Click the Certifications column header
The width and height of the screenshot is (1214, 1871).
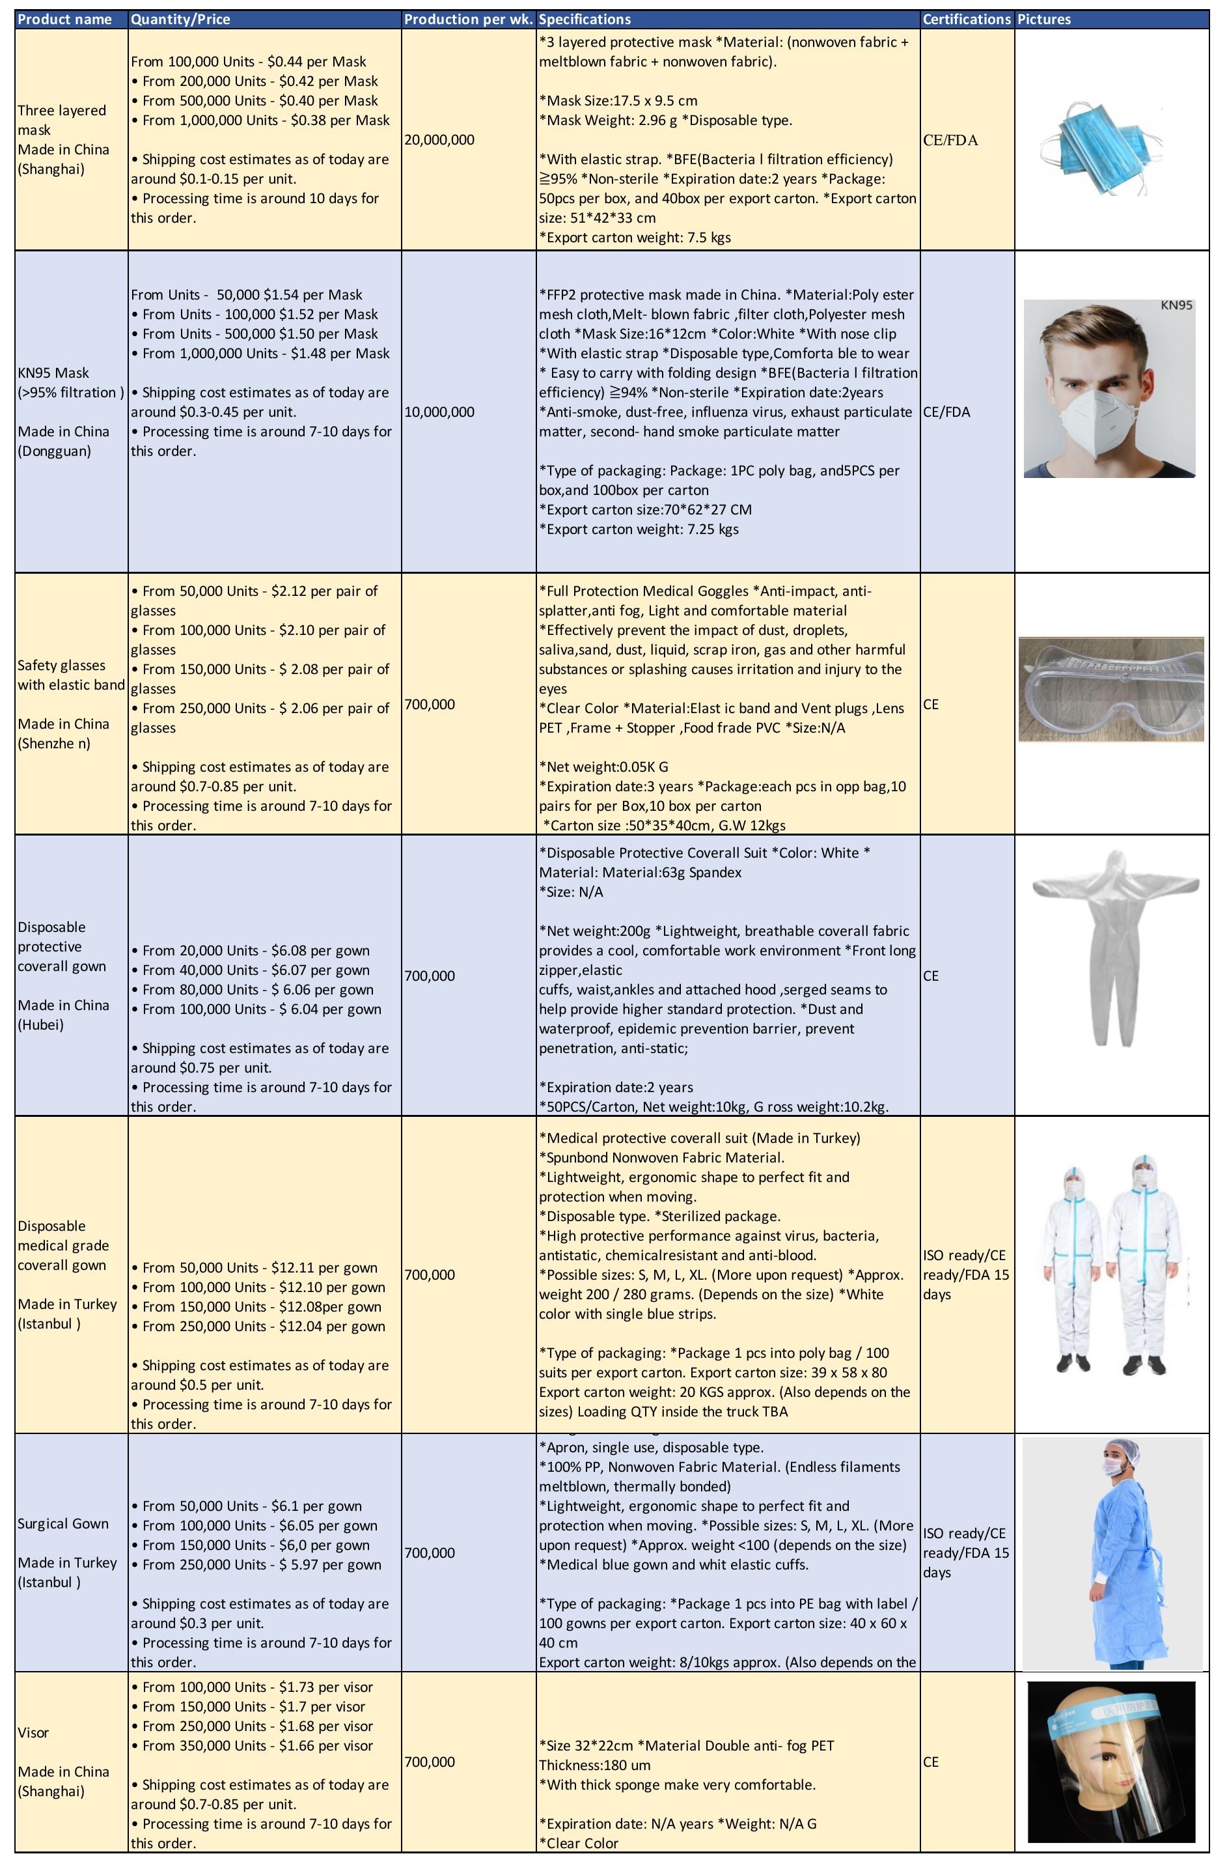pos(966,19)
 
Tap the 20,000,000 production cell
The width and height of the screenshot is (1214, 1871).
pos(439,140)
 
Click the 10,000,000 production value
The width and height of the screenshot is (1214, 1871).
pos(439,412)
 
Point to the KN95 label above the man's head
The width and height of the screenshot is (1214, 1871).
pos(1176,305)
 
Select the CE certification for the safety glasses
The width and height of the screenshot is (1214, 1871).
pos(930,705)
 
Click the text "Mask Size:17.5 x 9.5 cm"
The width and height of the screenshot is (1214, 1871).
pos(618,101)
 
